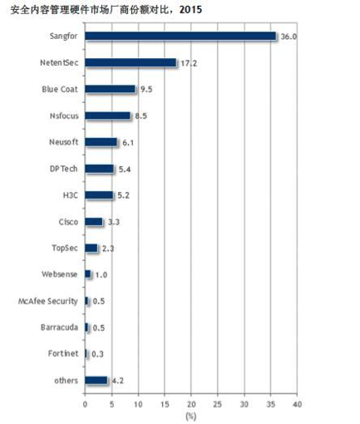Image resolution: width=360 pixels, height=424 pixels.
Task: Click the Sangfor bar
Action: (180, 36)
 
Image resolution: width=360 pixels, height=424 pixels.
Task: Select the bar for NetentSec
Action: (131, 62)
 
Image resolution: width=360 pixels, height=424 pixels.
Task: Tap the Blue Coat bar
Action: (110, 89)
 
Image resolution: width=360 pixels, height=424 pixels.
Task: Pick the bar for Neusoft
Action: (101, 142)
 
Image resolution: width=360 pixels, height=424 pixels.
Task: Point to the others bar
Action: (96, 380)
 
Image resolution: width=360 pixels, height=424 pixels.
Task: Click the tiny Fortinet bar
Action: (86, 353)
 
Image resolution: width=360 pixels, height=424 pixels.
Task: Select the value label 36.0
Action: (288, 37)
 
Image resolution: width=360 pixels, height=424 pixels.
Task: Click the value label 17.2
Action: (189, 63)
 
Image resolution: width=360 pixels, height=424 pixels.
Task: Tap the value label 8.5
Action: (141, 116)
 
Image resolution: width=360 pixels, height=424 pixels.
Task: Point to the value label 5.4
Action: (125, 169)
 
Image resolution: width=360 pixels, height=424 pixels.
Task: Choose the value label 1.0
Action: (101, 275)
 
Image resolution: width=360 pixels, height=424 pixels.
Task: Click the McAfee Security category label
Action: (48, 301)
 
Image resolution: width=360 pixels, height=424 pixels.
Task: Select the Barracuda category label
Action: (59, 328)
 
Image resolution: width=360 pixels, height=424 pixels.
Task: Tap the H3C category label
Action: (71, 195)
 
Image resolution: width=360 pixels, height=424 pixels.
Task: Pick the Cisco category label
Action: (68, 222)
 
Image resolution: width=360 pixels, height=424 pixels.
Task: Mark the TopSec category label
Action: (65, 248)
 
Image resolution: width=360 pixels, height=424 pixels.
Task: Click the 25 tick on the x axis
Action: (218, 404)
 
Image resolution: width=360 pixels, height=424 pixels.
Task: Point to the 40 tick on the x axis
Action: (297, 404)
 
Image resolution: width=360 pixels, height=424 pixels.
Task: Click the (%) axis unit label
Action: (190, 416)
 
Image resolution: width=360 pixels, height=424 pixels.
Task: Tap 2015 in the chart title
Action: (190, 10)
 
